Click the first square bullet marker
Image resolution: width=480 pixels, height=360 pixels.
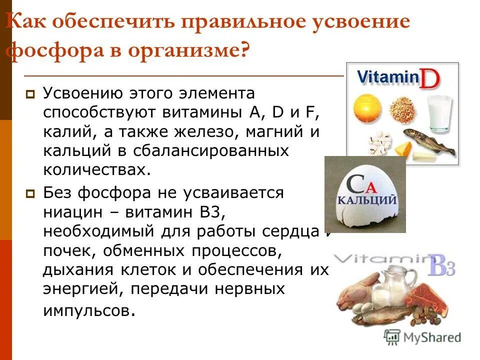(x=30, y=93)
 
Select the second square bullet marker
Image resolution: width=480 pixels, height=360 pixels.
(x=30, y=193)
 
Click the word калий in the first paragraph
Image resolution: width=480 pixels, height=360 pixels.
(x=65, y=131)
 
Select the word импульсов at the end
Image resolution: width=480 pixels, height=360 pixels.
(x=88, y=310)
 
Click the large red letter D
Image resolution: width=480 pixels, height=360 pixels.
(x=429, y=80)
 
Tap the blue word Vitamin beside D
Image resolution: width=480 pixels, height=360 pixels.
(x=387, y=77)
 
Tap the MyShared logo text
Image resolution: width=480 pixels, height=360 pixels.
(x=432, y=337)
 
